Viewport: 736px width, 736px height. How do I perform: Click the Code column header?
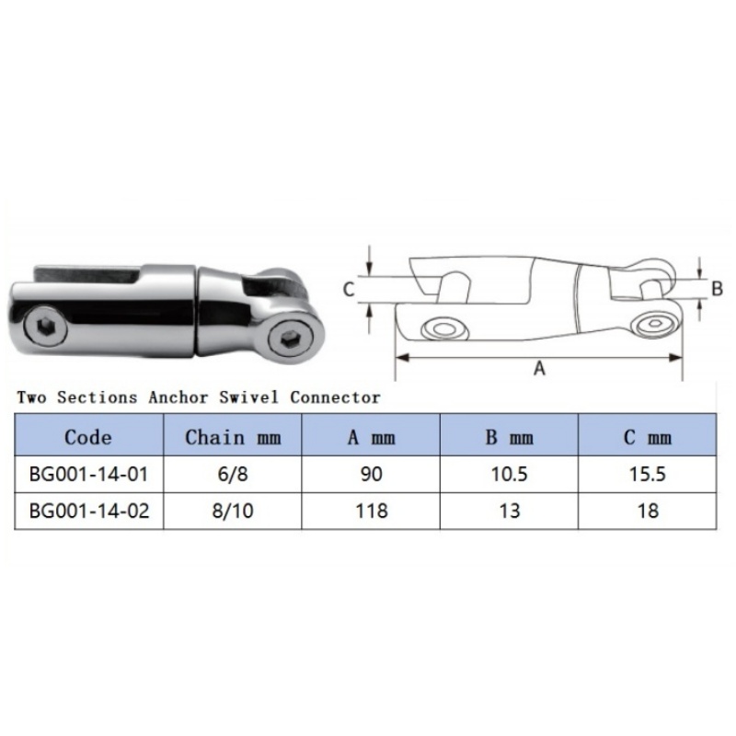coord(88,436)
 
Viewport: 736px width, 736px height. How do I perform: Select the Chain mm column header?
coord(233,436)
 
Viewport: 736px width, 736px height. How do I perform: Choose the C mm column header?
coord(647,436)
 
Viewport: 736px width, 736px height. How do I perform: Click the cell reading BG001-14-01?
coord(88,475)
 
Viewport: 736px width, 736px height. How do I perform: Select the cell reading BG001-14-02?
coord(88,512)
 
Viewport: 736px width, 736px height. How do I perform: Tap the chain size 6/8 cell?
coord(233,475)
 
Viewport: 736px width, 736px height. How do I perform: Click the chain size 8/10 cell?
coord(233,512)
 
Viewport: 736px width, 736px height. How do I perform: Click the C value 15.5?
coord(647,475)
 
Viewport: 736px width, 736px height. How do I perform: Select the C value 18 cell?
coord(647,512)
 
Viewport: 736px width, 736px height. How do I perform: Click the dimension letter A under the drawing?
coord(540,368)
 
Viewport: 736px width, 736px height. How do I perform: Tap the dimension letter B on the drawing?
coord(717,287)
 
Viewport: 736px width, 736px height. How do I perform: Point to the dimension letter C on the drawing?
coord(349,289)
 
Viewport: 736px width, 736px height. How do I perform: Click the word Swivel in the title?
coord(247,397)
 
